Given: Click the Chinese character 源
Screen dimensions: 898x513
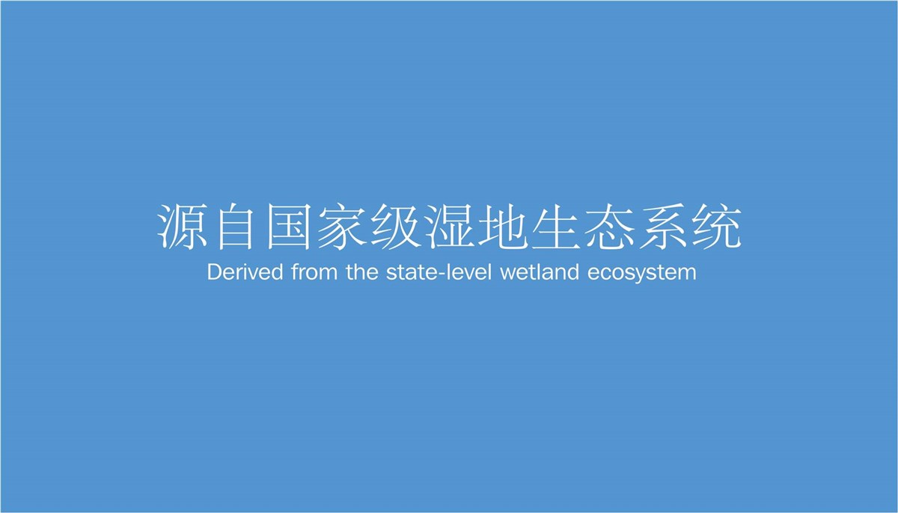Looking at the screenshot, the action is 182,227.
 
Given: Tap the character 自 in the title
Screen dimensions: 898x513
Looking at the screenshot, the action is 235,227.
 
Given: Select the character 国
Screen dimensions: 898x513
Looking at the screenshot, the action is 289,227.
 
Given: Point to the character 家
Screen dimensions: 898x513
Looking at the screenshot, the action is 342,227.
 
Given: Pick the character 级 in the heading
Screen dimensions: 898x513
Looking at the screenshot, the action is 396,227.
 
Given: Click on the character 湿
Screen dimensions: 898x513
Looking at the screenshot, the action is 449,227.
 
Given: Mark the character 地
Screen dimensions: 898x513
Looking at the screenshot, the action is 502,227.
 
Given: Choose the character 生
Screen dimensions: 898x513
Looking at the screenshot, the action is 556,227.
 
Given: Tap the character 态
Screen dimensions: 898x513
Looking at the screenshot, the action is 609,227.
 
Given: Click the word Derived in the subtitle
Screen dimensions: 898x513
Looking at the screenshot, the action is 245,272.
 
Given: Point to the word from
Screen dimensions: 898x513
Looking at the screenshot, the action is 315,272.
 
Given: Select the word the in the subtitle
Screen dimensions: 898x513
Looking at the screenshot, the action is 362,272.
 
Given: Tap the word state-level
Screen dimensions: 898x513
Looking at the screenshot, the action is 439,272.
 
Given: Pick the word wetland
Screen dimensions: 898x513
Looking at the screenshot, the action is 540,272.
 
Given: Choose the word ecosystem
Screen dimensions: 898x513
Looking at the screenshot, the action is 642,274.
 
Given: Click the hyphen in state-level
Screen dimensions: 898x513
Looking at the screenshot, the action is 440,274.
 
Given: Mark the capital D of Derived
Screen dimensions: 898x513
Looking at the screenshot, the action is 215,272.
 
